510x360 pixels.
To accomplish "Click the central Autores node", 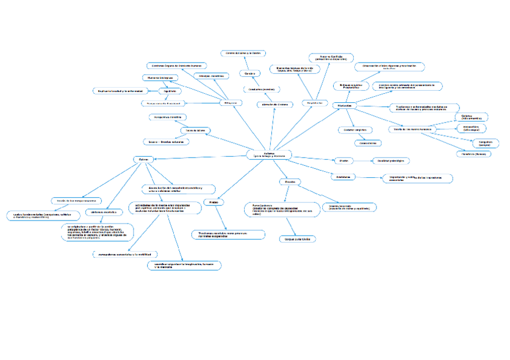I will [x=269, y=154].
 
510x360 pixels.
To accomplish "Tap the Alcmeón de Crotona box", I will [x=275, y=104].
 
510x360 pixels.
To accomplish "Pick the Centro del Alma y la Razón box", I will [x=242, y=53].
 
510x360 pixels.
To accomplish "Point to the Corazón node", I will [x=250, y=73].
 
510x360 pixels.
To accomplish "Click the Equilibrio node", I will [x=170, y=91].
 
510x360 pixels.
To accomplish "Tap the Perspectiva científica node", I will [x=167, y=117].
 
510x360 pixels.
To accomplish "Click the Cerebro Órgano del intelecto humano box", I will [x=177, y=65].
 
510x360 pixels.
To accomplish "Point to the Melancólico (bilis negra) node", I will [x=471, y=128].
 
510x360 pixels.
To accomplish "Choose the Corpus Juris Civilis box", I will [x=297, y=239].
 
